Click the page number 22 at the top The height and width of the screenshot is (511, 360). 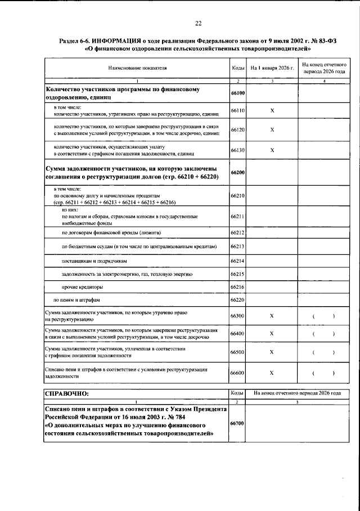coord(197,23)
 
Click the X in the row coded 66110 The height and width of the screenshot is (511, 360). coord(272,111)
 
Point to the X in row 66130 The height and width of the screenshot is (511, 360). coord(272,150)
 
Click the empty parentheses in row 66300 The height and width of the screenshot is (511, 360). coord(323,316)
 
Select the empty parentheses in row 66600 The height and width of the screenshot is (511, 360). coord(323,373)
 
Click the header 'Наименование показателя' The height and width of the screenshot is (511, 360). coord(138,68)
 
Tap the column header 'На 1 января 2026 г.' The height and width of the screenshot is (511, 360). coord(272,68)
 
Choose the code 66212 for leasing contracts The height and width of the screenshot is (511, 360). coord(237,232)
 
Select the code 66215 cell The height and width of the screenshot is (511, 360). coord(237,274)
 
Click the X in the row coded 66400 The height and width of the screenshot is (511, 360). coord(272,333)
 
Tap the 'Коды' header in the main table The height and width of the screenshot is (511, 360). coord(237,68)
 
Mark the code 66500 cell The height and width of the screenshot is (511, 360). coord(237,352)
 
